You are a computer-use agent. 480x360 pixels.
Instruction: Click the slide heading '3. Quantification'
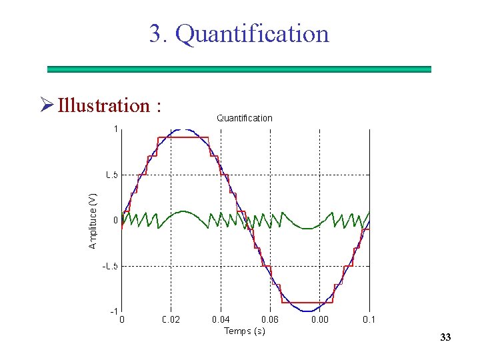[x=239, y=33]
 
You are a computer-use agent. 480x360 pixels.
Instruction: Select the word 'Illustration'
[x=103, y=105]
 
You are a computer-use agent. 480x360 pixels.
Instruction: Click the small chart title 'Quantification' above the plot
[x=244, y=118]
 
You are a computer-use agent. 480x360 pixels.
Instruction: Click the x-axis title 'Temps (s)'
[x=244, y=331]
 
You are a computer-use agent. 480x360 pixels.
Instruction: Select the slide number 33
[x=445, y=338]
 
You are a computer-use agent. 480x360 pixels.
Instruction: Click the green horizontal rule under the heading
[x=239, y=69]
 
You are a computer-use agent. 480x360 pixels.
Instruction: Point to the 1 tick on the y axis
[x=115, y=129]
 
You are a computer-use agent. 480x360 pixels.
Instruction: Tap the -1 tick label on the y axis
[x=114, y=311]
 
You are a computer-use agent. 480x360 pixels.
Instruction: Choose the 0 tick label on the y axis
[x=115, y=220]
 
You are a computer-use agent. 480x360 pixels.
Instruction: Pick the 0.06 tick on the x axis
[x=269, y=320]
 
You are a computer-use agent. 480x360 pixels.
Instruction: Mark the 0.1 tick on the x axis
[x=369, y=320]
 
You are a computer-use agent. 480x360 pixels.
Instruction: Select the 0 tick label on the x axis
[x=121, y=320]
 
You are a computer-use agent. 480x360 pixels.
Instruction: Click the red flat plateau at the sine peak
[x=183, y=137]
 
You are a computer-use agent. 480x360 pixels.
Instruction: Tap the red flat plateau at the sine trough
[x=307, y=303]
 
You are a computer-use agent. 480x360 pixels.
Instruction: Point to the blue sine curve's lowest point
[x=307, y=311]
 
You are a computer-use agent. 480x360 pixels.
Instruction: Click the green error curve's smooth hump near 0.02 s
[x=183, y=213]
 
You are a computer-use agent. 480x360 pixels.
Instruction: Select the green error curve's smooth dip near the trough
[x=307, y=228]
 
